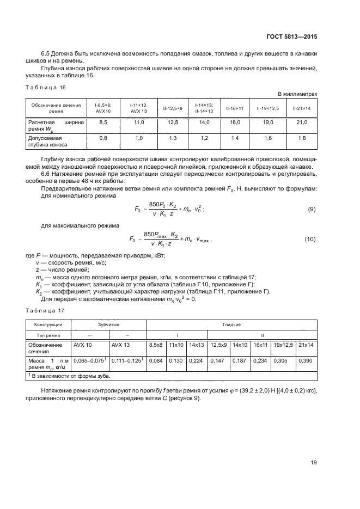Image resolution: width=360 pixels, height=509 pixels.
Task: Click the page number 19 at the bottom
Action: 314,463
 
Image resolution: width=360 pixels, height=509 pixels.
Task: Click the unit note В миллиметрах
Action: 297,94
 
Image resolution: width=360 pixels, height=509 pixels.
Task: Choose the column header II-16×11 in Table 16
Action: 235,108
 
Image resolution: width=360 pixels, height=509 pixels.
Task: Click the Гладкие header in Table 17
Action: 231,324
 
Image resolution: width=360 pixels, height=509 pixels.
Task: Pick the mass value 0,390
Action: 307,360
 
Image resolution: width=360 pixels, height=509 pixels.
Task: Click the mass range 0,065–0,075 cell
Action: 89,360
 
